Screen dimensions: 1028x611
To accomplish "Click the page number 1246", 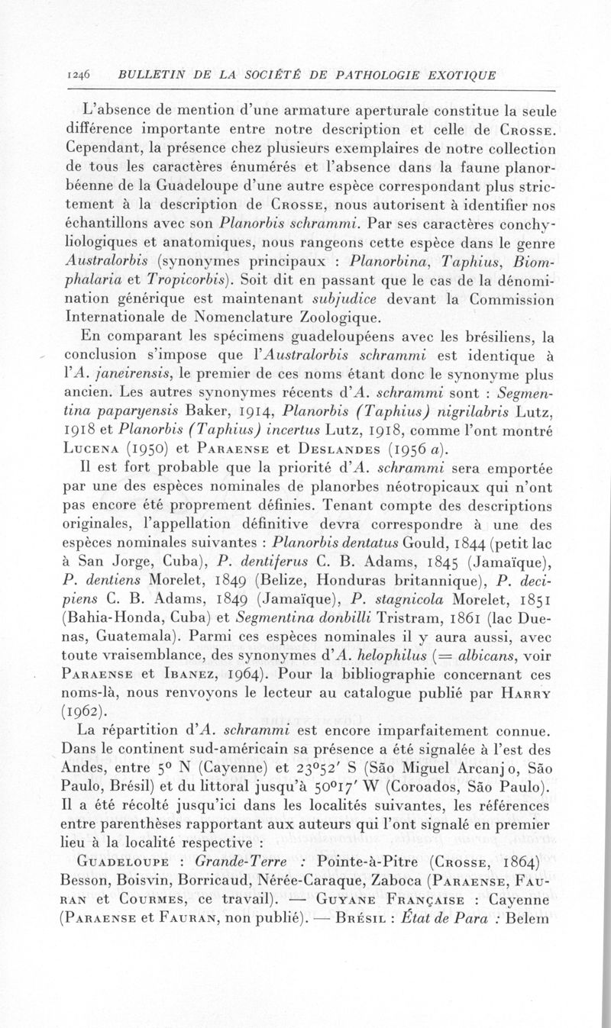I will (79, 75).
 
